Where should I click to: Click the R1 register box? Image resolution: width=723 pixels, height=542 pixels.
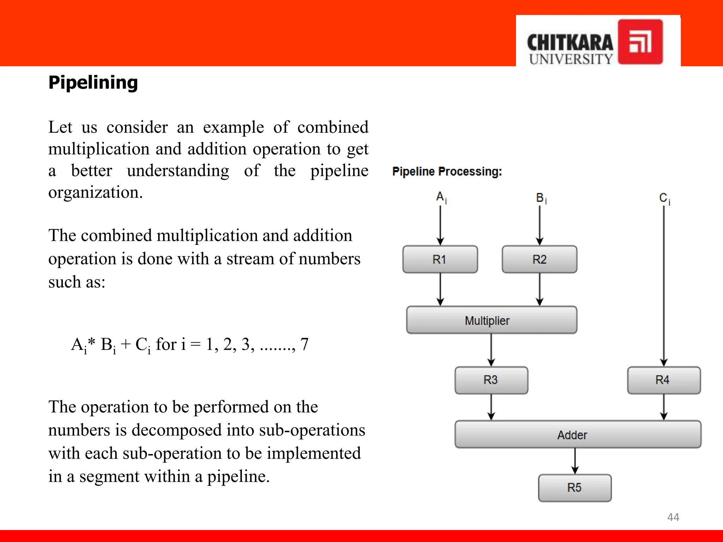(x=440, y=259)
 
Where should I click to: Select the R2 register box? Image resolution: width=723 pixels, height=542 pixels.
(x=539, y=259)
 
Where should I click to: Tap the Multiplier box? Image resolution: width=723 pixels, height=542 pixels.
(x=491, y=320)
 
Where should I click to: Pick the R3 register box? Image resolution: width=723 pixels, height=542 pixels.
(x=491, y=380)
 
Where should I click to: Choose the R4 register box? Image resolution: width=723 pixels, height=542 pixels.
(x=663, y=380)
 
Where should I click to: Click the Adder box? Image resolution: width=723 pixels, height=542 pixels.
(x=578, y=434)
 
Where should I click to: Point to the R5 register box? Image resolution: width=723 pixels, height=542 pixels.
(x=574, y=488)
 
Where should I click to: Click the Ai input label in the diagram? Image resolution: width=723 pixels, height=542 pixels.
(x=441, y=197)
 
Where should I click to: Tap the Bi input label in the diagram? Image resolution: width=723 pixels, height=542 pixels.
(x=541, y=198)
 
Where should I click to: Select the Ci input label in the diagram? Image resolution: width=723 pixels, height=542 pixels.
(x=664, y=198)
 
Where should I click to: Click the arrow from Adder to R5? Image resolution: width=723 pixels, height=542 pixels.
(x=575, y=461)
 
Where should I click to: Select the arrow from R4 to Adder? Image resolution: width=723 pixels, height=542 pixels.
(x=664, y=407)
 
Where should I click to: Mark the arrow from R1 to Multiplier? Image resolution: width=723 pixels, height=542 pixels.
(x=440, y=289)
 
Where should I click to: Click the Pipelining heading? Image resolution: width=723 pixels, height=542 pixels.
(x=93, y=83)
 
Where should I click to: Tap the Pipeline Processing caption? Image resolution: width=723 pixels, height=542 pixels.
(x=447, y=171)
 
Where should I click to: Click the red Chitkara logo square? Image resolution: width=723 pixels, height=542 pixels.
(x=640, y=42)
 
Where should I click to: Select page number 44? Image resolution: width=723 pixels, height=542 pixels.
(x=673, y=517)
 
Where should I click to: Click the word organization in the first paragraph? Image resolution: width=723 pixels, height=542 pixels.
(x=95, y=193)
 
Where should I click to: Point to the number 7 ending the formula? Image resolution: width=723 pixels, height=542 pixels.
(x=304, y=344)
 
